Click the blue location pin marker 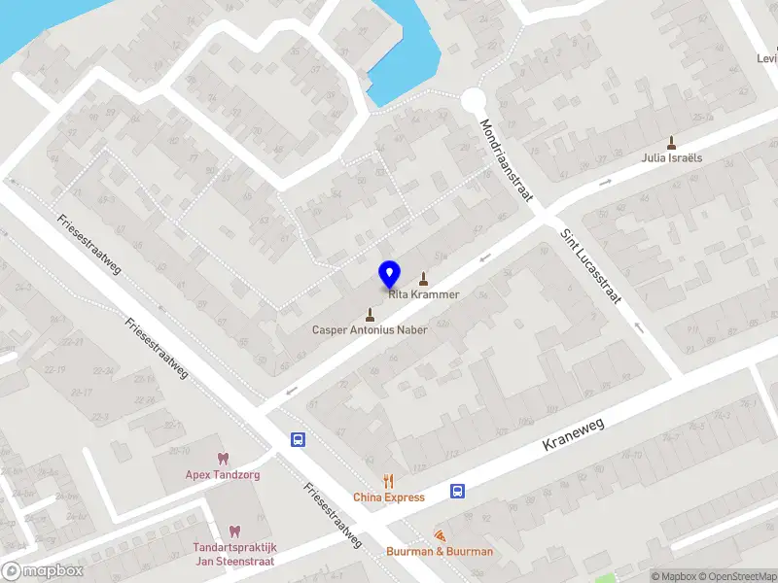[x=389, y=273]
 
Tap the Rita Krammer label [x=424, y=294]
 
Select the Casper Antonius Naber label [x=370, y=329]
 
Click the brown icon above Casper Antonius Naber [x=370, y=314]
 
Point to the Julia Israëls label [x=671, y=157]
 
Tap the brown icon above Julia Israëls [x=671, y=142]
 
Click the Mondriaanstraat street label [x=508, y=161]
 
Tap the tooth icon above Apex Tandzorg [x=222, y=459]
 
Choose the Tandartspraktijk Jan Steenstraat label [x=233, y=554]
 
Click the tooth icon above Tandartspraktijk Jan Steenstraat [x=233, y=532]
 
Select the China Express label [x=389, y=497]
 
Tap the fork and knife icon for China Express [x=389, y=481]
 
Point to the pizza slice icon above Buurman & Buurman [x=440, y=535]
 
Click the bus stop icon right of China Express [x=457, y=491]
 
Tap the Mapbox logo [x=42, y=571]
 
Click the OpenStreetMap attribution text [x=735, y=576]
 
